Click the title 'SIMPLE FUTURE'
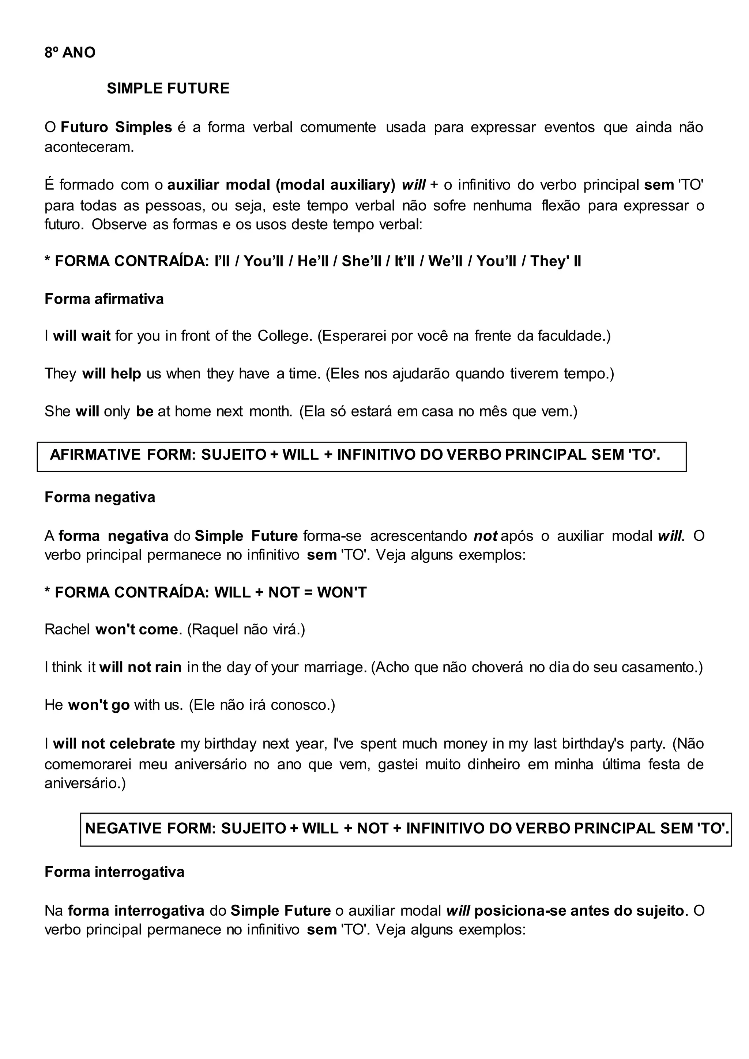(168, 88)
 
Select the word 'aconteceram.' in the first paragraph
(89, 148)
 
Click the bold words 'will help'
(112, 374)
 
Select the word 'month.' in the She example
(271, 411)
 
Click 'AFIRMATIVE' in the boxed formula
(95, 455)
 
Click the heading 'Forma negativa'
(99, 498)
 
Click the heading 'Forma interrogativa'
(114, 872)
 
